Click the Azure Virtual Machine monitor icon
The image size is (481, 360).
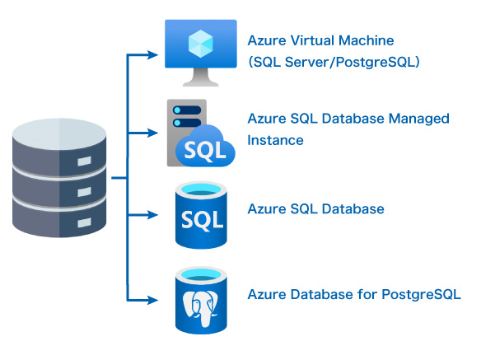tap(201, 53)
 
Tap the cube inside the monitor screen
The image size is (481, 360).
tap(201, 44)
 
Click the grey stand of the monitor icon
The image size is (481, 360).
tap(201, 77)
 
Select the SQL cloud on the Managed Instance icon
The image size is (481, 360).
tap(206, 147)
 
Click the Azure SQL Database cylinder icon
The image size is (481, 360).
tap(201, 215)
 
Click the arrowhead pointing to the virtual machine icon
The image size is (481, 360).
tap(152, 55)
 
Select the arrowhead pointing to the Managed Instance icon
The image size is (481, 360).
tap(152, 133)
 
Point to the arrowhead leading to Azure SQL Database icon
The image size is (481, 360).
tap(152, 214)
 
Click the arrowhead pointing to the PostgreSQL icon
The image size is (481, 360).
tap(152, 300)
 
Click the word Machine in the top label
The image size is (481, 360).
tap(367, 40)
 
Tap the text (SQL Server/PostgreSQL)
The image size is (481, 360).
tap(334, 63)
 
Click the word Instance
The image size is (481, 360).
tap(275, 140)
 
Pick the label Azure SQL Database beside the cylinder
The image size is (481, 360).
tap(316, 209)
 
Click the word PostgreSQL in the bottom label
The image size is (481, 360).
tap(421, 295)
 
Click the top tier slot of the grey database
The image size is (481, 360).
tap(84, 161)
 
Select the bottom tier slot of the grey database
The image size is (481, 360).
tap(84, 222)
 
